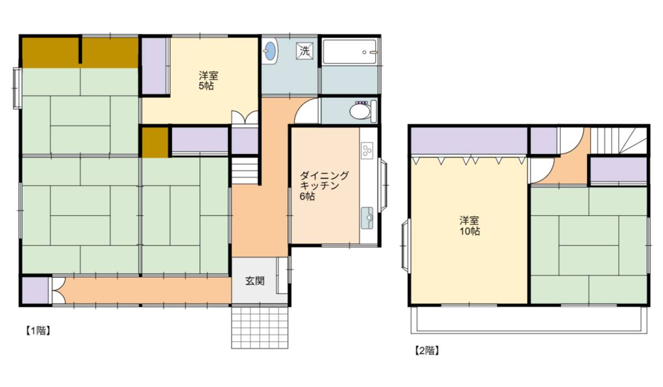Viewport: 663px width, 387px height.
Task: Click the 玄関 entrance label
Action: [x=255, y=281]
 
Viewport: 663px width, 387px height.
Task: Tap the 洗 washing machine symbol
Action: [x=304, y=51]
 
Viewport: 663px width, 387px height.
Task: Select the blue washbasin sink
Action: [x=270, y=51]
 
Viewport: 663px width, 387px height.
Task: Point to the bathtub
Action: [x=350, y=52]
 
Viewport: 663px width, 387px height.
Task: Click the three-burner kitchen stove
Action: [x=367, y=150]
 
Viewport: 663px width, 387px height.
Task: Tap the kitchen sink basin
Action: [x=367, y=218]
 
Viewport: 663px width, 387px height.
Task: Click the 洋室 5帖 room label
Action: [x=208, y=81]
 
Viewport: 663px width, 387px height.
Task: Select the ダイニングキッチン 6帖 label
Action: [x=324, y=186]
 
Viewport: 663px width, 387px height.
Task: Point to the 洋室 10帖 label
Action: [x=470, y=226]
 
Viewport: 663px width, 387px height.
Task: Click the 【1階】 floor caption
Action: [x=38, y=331]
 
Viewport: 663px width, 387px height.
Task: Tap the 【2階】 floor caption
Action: [x=427, y=351]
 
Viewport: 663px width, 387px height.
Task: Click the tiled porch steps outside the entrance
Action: [x=260, y=327]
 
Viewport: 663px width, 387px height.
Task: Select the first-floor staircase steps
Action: [x=244, y=171]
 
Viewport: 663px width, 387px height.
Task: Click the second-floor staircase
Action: [x=619, y=140]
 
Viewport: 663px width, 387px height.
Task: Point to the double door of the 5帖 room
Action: [x=244, y=117]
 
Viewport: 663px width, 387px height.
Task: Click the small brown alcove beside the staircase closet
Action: [x=155, y=142]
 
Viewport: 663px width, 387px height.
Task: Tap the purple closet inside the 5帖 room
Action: [x=155, y=66]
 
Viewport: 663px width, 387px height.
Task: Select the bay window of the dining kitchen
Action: [x=383, y=185]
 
